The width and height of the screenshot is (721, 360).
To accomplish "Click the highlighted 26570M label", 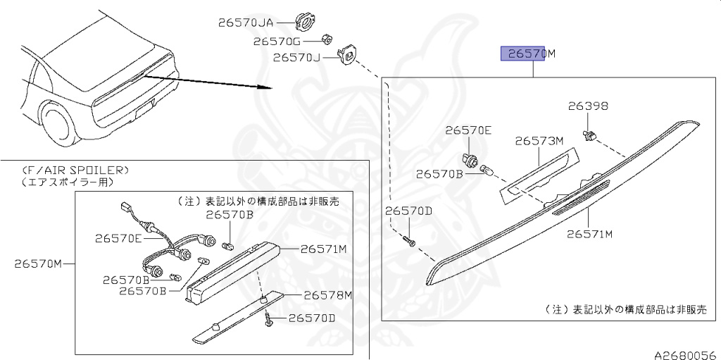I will [527, 54].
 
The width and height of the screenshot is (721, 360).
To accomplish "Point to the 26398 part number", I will [588, 106].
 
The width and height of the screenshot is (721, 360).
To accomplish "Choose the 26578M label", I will [327, 294].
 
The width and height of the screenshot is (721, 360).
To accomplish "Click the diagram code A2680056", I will [684, 354].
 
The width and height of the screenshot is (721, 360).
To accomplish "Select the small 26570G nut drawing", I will [327, 38].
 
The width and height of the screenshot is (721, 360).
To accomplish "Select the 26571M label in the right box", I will [589, 233].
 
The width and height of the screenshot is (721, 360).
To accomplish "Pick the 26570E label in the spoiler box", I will [119, 238].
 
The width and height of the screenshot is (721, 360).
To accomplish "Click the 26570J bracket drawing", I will [347, 55].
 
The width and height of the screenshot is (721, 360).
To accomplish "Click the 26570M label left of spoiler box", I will [38, 264].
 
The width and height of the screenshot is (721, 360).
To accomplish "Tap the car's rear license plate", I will [144, 109].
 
